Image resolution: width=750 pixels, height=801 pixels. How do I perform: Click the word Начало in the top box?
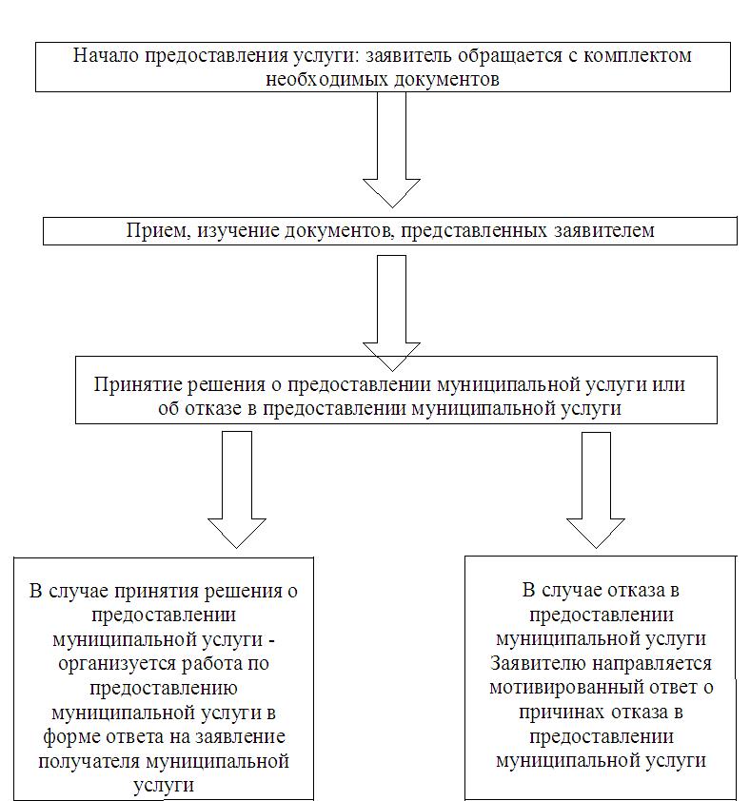106,55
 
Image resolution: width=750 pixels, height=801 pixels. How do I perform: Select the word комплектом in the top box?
638,55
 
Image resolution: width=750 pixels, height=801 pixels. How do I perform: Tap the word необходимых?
327,79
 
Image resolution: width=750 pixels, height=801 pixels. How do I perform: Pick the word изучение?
238,231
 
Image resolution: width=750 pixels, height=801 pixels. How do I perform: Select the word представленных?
474,231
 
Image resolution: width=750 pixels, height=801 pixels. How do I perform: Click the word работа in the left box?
212,664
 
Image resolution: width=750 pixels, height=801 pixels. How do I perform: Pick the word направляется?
652,664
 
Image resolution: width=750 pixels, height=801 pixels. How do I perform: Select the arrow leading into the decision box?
391,313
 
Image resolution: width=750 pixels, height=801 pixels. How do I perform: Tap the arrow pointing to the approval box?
237,489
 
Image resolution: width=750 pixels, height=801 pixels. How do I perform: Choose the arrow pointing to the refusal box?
596,490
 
